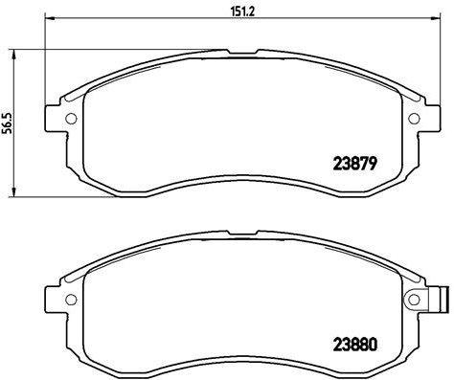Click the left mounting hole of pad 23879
point(69,120)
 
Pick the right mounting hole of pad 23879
point(413,120)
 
